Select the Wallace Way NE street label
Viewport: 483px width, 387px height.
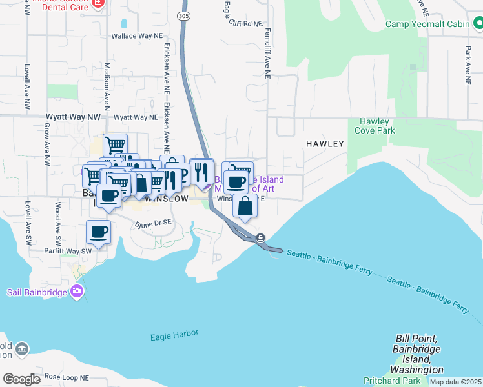(137, 37)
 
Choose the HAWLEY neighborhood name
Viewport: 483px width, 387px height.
(325, 144)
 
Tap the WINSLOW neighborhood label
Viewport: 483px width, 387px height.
(167, 199)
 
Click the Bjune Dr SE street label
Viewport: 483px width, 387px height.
(153, 224)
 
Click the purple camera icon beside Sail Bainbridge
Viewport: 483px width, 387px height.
(77, 292)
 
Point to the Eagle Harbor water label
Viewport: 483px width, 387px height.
(174, 335)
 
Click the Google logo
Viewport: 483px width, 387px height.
(21, 379)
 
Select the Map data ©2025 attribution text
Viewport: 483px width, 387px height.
(455, 382)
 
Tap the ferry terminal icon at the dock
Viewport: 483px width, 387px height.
(260, 237)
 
